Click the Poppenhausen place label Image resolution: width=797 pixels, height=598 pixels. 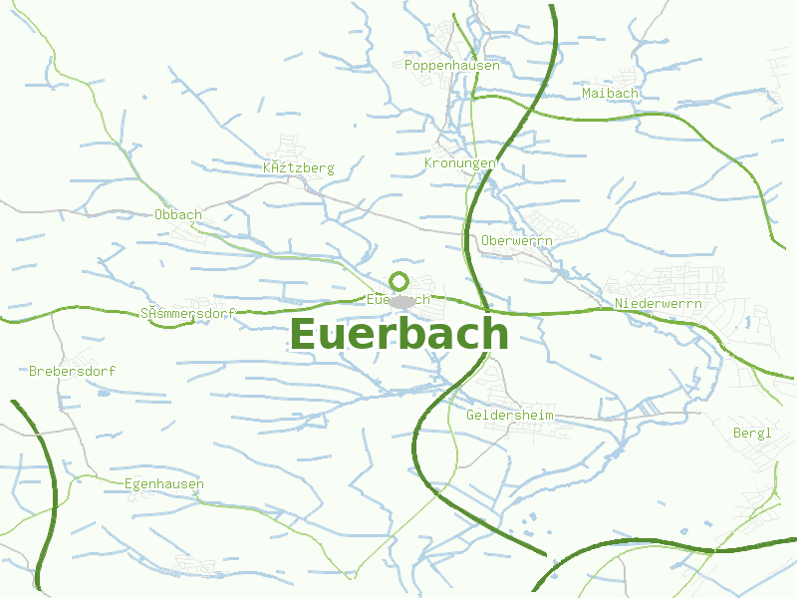[452, 65]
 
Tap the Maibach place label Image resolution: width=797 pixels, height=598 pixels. [609, 93]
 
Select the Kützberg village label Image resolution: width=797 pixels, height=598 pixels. [299, 167]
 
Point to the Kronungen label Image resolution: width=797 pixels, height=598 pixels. [460, 162]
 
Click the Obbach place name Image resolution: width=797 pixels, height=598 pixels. [178, 214]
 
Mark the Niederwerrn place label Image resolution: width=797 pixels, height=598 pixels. [659, 303]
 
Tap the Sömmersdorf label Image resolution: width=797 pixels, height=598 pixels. [188, 313]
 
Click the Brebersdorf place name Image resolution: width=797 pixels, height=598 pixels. [72, 371]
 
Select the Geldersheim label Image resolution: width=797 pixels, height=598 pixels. [509, 415]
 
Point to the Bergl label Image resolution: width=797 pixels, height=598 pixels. [752, 433]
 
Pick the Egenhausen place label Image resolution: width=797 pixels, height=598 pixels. [164, 484]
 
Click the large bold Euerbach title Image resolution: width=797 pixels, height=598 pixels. [399, 334]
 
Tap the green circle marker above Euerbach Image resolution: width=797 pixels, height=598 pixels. [399, 280]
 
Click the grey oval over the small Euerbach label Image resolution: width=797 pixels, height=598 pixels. [402, 301]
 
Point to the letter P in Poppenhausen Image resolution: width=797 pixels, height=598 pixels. [409, 65]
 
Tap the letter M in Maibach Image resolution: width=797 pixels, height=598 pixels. [585, 93]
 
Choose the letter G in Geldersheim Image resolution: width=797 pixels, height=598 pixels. [470, 415]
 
